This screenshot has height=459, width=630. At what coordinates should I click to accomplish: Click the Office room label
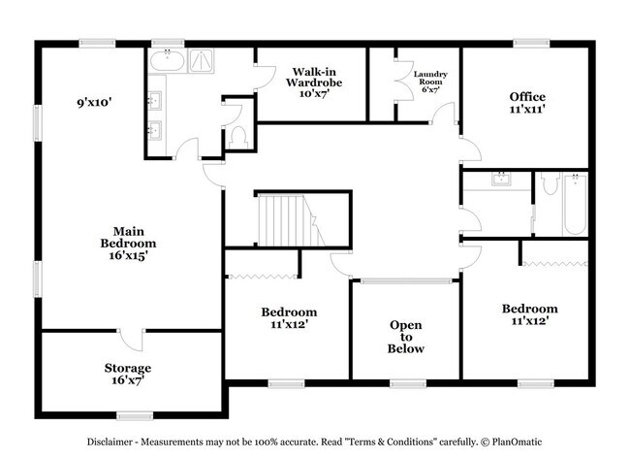tap(527, 103)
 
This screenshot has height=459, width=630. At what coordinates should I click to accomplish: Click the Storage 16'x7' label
tap(128, 375)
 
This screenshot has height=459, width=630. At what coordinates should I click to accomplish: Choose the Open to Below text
tap(405, 337)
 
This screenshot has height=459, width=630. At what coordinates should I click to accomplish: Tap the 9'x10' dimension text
tap(99, 100)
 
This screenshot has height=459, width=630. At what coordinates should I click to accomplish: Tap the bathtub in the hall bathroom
tap(574, 204)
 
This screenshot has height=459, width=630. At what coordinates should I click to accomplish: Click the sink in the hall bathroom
tap(502, 180)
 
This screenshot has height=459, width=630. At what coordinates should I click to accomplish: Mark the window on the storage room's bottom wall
tap(135, 414)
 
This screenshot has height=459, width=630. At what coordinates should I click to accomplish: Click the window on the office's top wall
tap(531, 42)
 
